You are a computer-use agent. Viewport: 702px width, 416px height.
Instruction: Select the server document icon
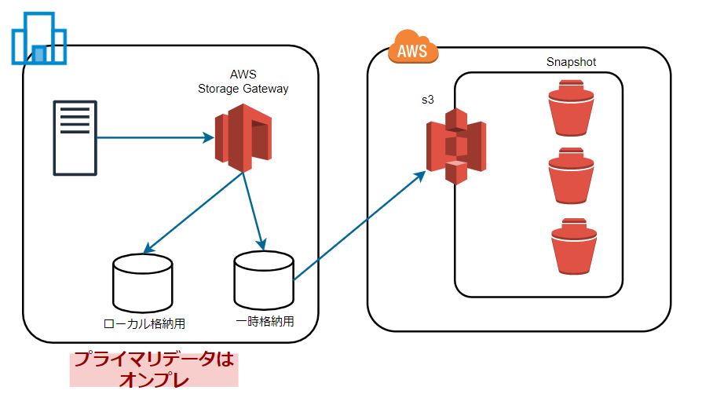point(75,137)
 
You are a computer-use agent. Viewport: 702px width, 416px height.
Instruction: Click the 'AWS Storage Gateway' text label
point(243,82)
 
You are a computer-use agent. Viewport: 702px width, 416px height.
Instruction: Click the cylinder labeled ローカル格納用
point(143,282)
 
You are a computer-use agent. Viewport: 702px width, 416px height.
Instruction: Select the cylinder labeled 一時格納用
point(264,280)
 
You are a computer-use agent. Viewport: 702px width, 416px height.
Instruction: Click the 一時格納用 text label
point(265,321)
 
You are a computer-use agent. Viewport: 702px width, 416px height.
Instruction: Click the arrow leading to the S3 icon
point(358,223)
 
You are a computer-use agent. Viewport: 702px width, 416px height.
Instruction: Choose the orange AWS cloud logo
point(412,49)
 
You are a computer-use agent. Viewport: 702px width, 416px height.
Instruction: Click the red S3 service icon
point(456,146)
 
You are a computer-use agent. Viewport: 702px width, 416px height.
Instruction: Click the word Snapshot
point(571,61)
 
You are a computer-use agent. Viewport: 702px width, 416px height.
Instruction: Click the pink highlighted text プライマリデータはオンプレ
point(154,369)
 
